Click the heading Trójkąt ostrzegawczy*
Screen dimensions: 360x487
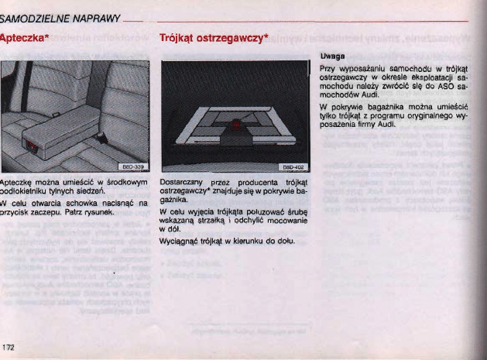213,38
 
